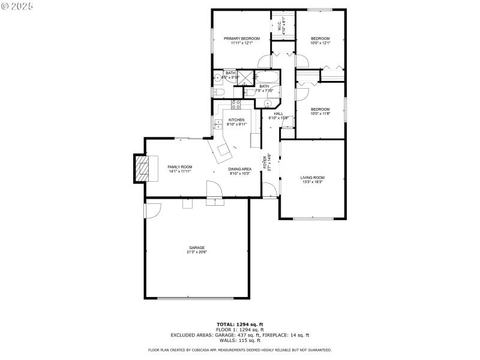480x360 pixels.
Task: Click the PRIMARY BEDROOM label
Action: tap(238, 38)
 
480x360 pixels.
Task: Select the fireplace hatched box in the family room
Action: tap(141, 169)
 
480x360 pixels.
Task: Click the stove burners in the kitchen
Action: tap(236, 105)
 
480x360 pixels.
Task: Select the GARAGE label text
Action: tap(197, 247)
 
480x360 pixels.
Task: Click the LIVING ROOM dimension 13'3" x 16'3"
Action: tap(312, 182)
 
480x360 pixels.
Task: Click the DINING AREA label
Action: tap(239, 169)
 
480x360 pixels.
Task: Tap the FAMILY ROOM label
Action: tap(179, 166)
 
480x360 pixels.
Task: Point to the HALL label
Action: tap(278, 113)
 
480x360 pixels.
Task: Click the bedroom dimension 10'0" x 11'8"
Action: tap(320, 114)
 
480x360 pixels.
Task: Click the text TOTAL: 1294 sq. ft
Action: tap(239, 324)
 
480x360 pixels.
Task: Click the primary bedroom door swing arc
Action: tap(264, 60)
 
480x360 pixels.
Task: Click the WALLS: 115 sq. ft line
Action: tap(239, 340)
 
